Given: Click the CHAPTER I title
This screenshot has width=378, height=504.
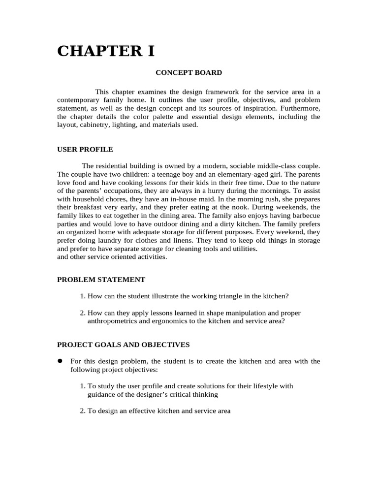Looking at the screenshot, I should pyautogui.click(x=106, y=51).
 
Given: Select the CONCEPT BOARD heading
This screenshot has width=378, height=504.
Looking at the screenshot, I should pyautogui.click(x=189, y=73).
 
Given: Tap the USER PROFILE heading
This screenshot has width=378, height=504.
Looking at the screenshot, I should pyautogui.click(x=85, y=149).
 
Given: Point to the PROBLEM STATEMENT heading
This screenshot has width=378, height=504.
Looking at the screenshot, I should pyautogui.click(x=101, y=280).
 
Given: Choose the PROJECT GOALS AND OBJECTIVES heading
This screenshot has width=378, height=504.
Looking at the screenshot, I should pyautogui.click(x=124, y=345).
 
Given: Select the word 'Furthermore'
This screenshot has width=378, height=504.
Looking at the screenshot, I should pyautogui.click(x=300, y=108).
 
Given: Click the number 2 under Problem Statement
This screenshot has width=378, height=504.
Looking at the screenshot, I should pyautogui.click(x=82, y=313).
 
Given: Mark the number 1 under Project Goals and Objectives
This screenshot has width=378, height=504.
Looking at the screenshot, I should pyautogui.click(x=82, y=386).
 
